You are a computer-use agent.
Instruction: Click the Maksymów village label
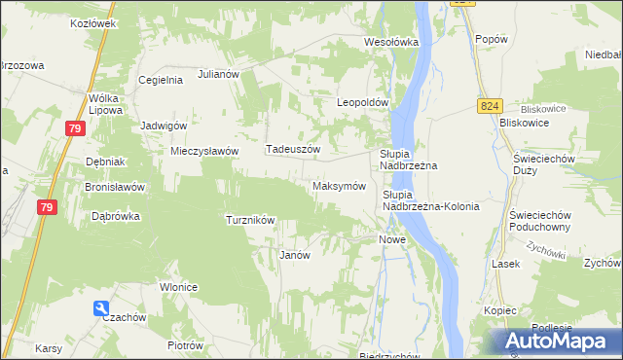click(x=339, y=186)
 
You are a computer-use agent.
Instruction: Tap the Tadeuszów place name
click(x=293, y=150)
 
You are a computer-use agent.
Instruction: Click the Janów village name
click(x=294, y=255)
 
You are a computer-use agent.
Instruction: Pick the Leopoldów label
click(x=363, y=102)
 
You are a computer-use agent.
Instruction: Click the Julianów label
click(x=219, y=73)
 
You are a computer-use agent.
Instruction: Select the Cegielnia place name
click(x=161, y=81)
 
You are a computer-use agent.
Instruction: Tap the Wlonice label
click(x=179, y=287)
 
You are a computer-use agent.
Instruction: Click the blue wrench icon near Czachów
click(x=102, y=309)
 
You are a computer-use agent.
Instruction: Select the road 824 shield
click(x=490, y=105)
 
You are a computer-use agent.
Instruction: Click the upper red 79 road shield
click(x=75, y=127)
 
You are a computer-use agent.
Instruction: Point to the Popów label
click(x=492, y=39)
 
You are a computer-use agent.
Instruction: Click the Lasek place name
click(x=506, y=264)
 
